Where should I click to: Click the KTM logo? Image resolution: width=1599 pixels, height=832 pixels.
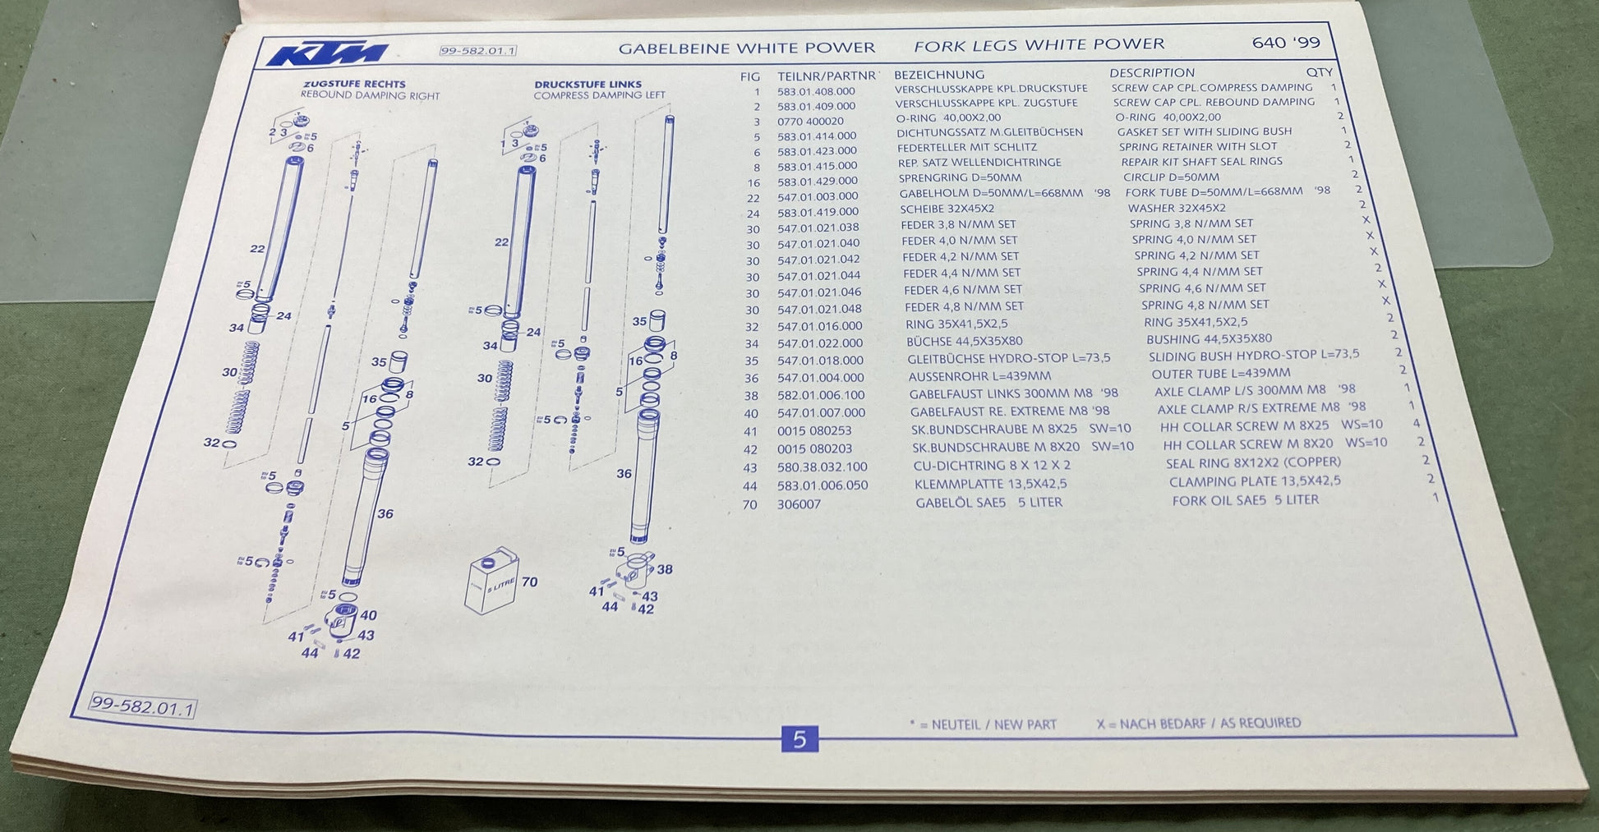[326, 53]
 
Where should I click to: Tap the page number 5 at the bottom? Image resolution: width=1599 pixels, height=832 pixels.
[799, 739]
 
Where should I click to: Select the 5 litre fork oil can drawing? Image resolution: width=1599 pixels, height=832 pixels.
[491, 581]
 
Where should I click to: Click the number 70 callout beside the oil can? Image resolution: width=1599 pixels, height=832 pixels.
[529, 581]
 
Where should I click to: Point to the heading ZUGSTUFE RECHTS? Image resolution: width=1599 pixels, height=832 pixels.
[354, 84]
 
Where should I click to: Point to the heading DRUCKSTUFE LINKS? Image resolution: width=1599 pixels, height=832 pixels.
[588, 84]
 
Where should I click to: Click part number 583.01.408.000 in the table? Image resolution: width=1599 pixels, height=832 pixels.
[816, 91]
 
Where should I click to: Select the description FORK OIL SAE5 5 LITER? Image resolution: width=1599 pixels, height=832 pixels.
[1245, 500]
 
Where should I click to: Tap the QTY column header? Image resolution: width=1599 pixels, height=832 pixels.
[1319, 72]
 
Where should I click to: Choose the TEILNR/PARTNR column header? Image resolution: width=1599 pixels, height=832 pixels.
[827, 76]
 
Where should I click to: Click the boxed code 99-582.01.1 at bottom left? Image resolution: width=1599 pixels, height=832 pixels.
[143, 706]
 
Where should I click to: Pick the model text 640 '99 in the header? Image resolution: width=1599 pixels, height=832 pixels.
[1286, 42]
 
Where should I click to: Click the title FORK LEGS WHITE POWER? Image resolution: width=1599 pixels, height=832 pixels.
[1039, 44]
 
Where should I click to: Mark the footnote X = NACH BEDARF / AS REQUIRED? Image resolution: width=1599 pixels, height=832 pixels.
[1199, 724]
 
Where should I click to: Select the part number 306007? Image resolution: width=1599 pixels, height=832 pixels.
[799, 504]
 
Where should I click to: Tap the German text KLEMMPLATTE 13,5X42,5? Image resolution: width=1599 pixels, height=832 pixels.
[991, 484]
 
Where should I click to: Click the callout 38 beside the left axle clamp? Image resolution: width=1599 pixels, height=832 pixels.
[665, 569]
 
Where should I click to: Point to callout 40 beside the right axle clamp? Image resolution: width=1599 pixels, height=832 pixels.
[368, 615]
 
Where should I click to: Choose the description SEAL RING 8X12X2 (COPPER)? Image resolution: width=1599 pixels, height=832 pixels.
[1253, 462]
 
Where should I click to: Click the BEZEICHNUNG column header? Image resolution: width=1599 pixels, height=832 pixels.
[939, 75]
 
